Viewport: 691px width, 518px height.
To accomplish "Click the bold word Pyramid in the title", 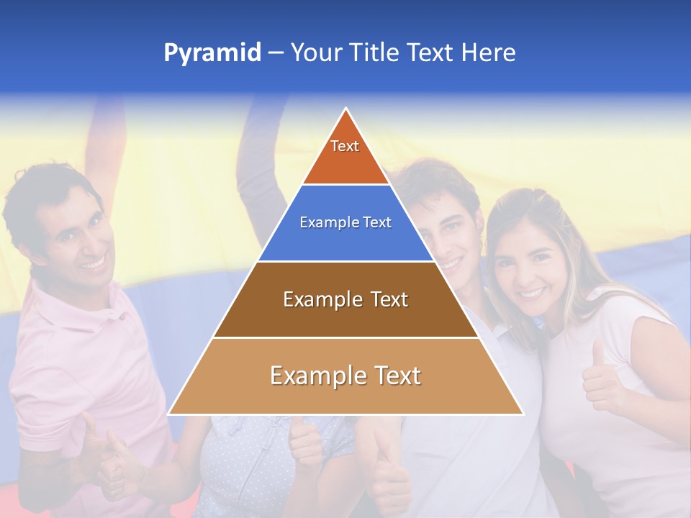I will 212,53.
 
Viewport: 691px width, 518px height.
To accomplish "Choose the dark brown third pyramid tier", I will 345,299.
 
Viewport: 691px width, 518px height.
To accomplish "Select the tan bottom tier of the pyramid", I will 345,376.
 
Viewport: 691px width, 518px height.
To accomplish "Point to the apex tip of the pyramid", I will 346,109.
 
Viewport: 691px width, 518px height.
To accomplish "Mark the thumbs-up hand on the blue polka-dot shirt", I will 306,442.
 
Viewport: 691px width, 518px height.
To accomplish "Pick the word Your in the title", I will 316,53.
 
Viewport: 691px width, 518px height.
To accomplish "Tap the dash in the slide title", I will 276,53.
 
